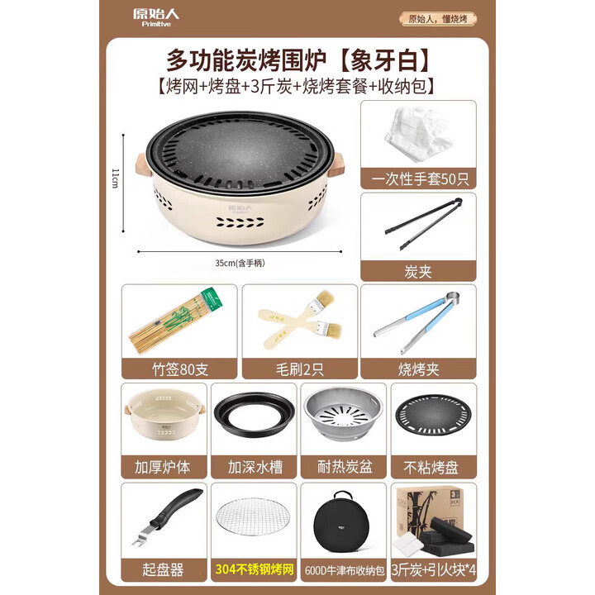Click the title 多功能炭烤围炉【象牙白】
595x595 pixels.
tap(298, 60)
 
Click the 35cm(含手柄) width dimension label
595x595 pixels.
tap(240, 263)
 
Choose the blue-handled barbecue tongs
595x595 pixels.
tap(417, 321)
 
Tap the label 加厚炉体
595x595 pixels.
tap(163, 466)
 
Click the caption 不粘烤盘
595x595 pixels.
tap(432, 466)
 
